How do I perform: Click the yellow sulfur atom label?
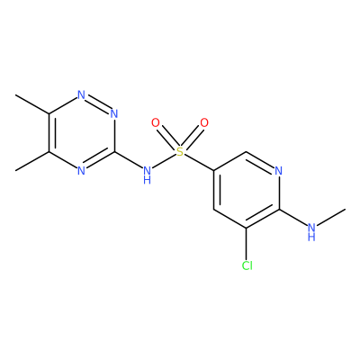[x=180, y=152]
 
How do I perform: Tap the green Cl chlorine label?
[x=247, y=265]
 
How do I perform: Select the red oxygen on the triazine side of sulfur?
[x=156, y=123]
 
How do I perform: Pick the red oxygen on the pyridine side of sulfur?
[x=204, y=123]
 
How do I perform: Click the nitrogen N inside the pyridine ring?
[x=279, y=171]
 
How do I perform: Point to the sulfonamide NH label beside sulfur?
[x=147, y=175]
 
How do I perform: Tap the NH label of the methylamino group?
[x=311, y=232]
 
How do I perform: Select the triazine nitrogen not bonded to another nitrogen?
[x=81, y=171]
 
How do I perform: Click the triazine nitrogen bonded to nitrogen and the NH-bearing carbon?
[x=114, y=114]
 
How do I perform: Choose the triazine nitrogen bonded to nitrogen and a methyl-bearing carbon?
[x=81, y=95]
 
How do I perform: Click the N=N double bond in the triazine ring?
[x=98, y=103]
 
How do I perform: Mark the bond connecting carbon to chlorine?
[x=247, y=243]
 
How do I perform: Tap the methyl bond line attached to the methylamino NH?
[x=331, y=217]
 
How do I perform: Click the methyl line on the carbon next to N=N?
[x=32, y=104]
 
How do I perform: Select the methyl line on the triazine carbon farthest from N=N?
[x=32, y=161]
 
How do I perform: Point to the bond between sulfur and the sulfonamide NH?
[x=164, y=161]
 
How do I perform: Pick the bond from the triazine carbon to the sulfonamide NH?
[x=128, y=160]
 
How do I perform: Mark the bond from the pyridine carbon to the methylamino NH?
[x=293, y=217]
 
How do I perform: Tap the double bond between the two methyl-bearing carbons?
[x=51, y=133]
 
